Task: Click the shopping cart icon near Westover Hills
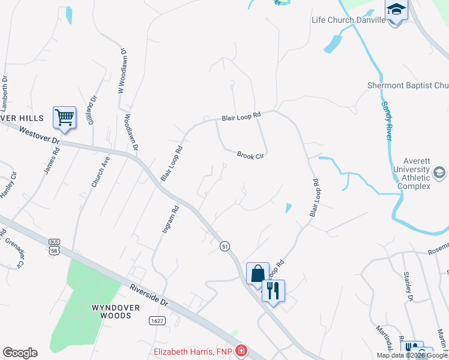coord(64,117)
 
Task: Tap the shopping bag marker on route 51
coord(258,273)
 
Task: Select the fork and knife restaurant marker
coord(273,291)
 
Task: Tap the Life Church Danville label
coord(348,20)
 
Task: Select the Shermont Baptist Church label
coord(408,86)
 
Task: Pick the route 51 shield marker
coord(224,247)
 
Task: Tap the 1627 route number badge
coord(157,321)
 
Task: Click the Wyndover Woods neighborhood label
coord(115,311)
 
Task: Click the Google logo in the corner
coord(20,353)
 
